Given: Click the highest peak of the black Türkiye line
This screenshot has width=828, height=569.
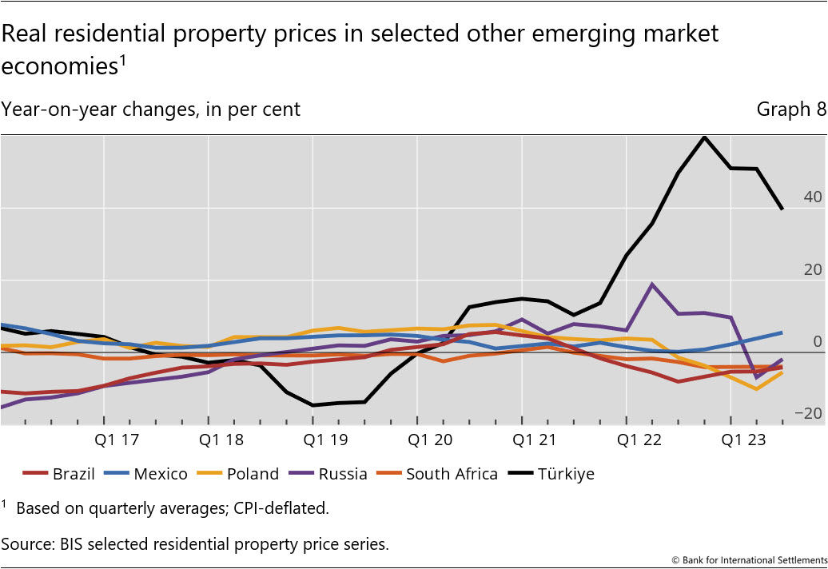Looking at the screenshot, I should click(704, 137).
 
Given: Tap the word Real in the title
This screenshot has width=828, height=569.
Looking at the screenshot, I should click(23, 34).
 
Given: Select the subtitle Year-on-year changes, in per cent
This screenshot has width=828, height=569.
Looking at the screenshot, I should click(151, 109).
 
